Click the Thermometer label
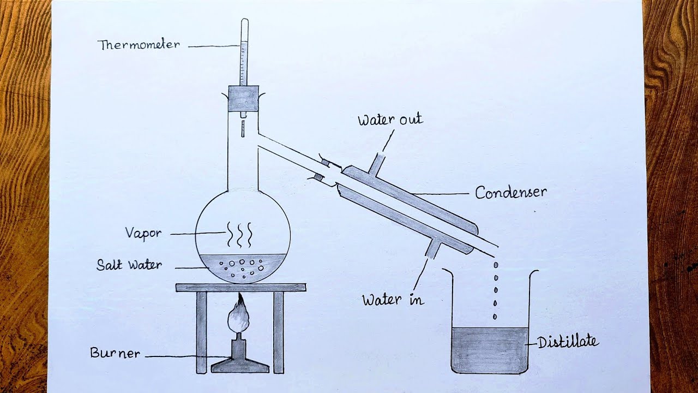click(139, 45)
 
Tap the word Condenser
click(510, 193)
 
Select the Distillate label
click(568, 343)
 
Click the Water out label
click(390, 120)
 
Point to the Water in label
click(393, 300)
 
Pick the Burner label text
click(115, 353)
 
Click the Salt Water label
click(129, 265)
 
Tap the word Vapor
click(143, 233)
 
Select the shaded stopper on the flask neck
click(243, 99)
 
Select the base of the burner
click(240, 365)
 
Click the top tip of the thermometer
click(244, 22)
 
